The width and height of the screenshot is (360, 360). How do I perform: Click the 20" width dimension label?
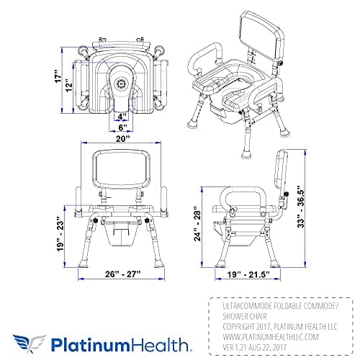122,138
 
